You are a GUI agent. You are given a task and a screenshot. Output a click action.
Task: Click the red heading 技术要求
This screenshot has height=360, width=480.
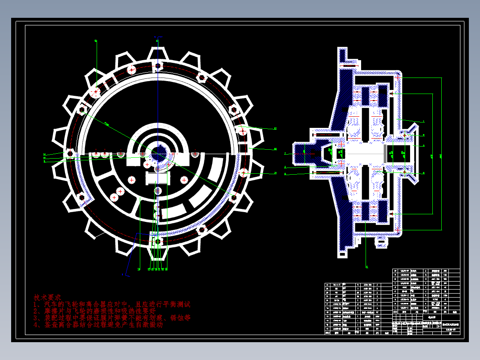49,297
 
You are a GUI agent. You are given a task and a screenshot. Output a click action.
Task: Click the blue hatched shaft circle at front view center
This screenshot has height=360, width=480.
158,152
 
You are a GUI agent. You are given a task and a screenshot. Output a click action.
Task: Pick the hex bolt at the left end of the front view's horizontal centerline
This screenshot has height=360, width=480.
69,152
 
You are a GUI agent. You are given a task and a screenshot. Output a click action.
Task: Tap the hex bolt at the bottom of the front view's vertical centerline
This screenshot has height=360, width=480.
158,241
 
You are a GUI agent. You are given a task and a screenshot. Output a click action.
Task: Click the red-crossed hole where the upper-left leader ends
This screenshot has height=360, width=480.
96,93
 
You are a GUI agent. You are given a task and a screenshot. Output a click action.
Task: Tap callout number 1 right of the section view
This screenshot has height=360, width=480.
423,121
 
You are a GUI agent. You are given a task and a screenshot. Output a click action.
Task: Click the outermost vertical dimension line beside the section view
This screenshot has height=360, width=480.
442,154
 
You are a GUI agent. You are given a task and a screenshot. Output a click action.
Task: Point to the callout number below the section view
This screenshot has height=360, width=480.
367,267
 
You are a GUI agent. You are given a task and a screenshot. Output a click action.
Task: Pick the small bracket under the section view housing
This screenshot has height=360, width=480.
382,243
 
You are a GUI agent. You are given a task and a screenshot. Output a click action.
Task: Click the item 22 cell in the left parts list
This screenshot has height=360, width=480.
328,284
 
